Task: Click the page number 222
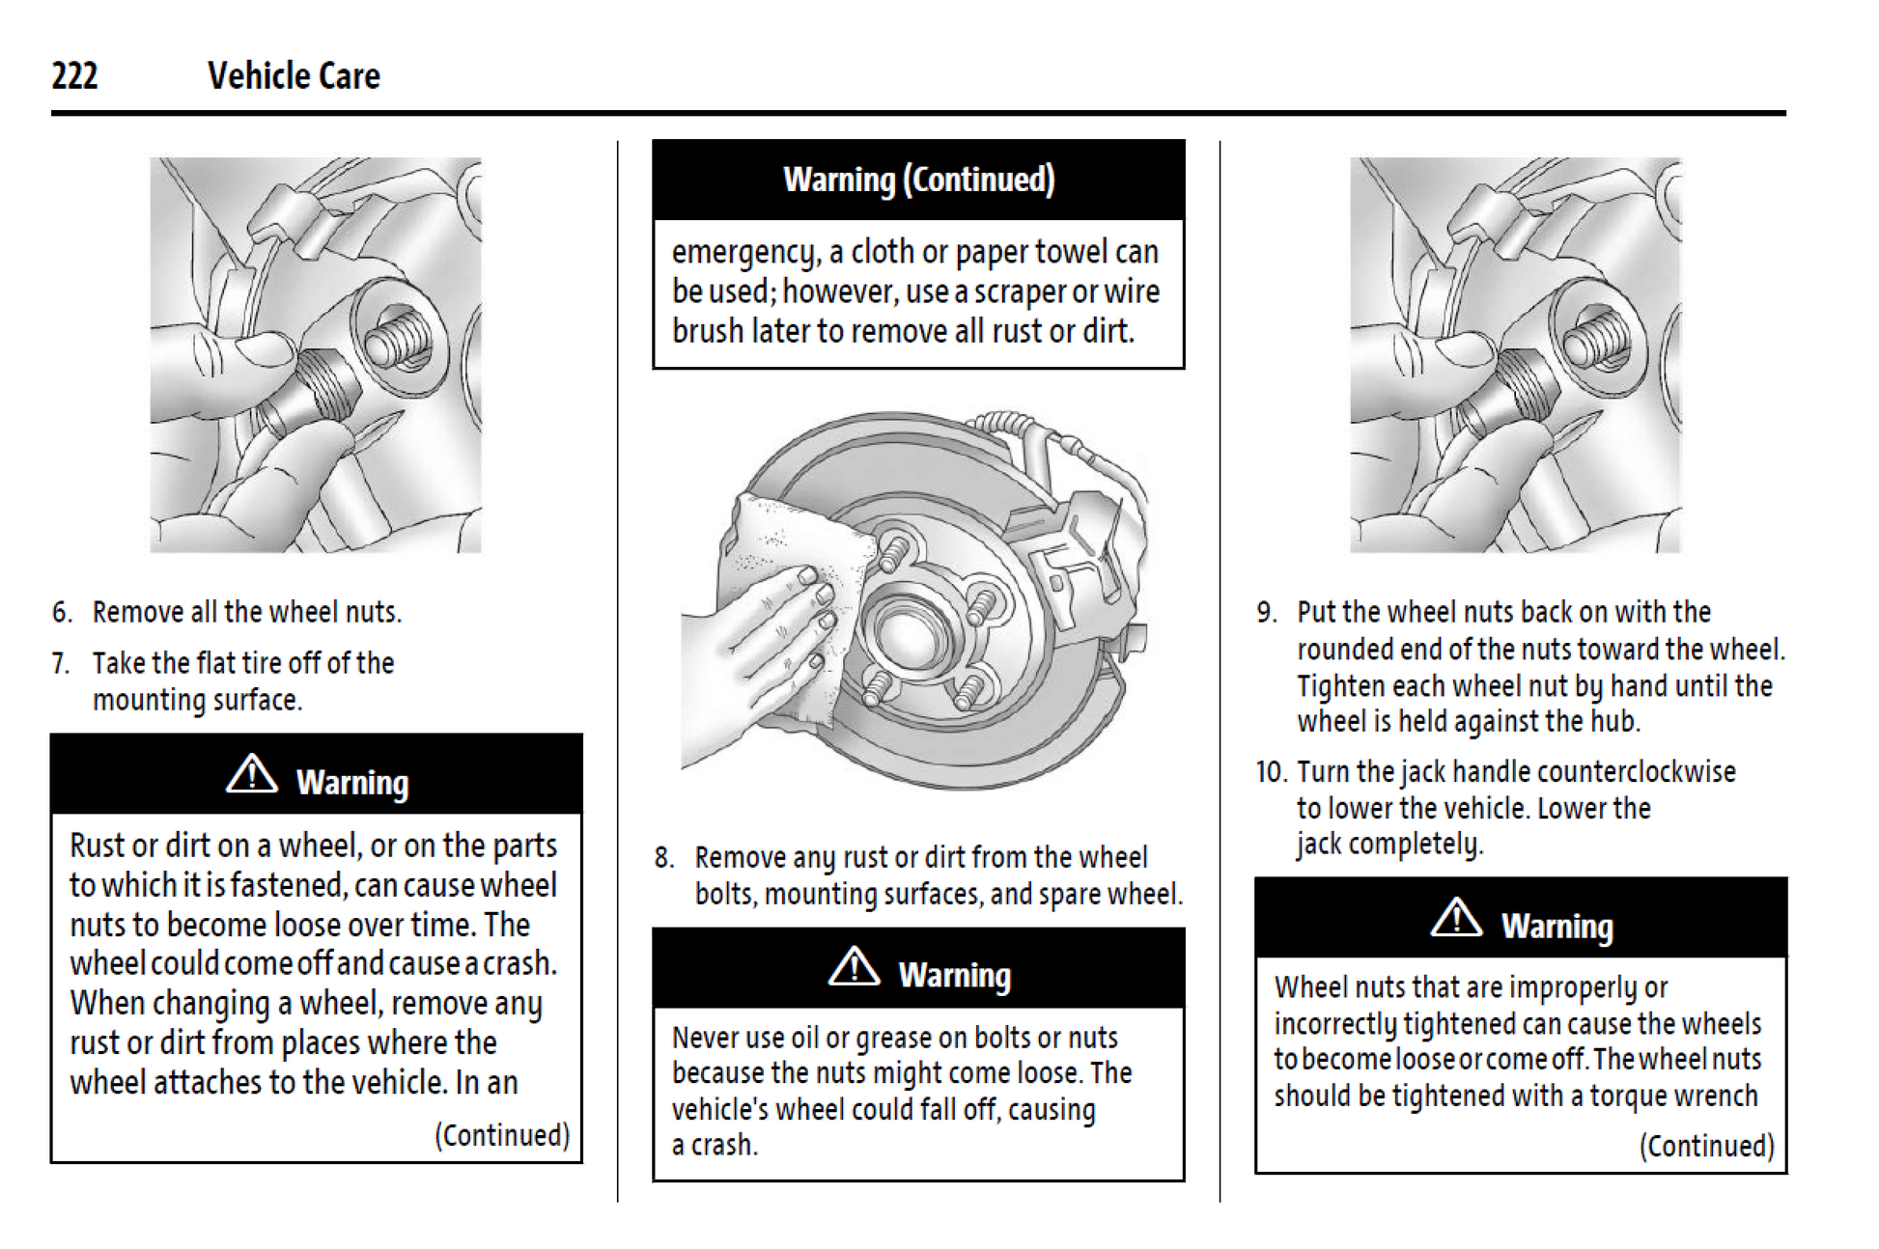74,76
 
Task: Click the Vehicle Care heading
294,76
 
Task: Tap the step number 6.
62,613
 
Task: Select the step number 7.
62,664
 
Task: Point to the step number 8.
663,858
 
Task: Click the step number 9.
1266,613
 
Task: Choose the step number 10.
1271,772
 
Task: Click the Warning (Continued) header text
918,180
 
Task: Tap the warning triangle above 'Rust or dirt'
251,774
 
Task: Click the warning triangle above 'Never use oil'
854,967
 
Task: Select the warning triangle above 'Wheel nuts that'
1456,918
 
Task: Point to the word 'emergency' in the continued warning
745,253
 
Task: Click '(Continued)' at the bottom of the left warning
502,1135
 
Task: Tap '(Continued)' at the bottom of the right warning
1706,1146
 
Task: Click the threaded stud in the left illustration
396,338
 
